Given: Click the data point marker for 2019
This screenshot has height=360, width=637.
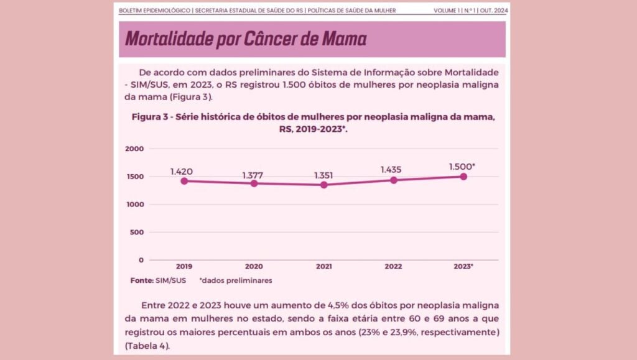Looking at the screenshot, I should tap(184, 181).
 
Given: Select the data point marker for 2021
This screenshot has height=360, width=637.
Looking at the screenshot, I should tap(323, 185).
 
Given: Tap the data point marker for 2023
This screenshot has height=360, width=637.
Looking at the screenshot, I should tap(463, 177).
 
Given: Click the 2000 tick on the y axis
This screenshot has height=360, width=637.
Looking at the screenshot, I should tap(135, 149).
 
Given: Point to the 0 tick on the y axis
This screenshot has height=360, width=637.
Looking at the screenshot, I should tap(141, 260).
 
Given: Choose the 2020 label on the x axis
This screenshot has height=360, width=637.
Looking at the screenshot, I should tap(254, 267).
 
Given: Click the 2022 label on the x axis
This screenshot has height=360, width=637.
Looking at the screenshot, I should tap(393, 267).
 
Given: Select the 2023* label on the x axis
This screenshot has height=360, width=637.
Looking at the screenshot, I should tap(463, 267).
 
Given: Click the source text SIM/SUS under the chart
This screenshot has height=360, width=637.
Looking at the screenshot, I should tap(171, 280).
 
